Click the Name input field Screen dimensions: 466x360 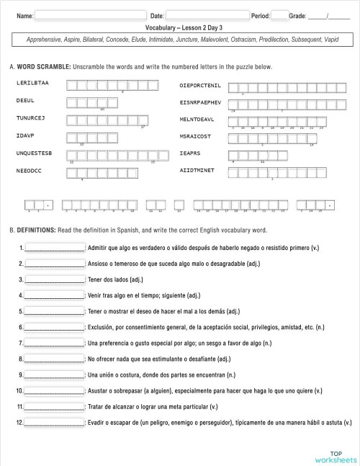pyautogui.click(x=90, y=14)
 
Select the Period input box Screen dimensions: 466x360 pyautogui.click(x=279, y=14)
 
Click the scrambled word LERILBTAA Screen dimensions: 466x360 pyautogui.click(x=32, y=84)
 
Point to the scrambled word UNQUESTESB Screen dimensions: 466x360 pyautogui.click(x=34, y=153)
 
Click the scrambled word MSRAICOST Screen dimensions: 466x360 pyautogui.click(x=195, y=135)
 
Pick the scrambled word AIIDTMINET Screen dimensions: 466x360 pyautogui.click(x=197, y=171)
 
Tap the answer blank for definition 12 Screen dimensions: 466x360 pyautogui.click(x=55, y=423)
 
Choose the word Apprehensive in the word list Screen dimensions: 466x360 pyautogui.click(x=44, y=40)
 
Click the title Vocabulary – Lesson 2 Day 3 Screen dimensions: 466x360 pyautogui.click(x=180, y=27)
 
